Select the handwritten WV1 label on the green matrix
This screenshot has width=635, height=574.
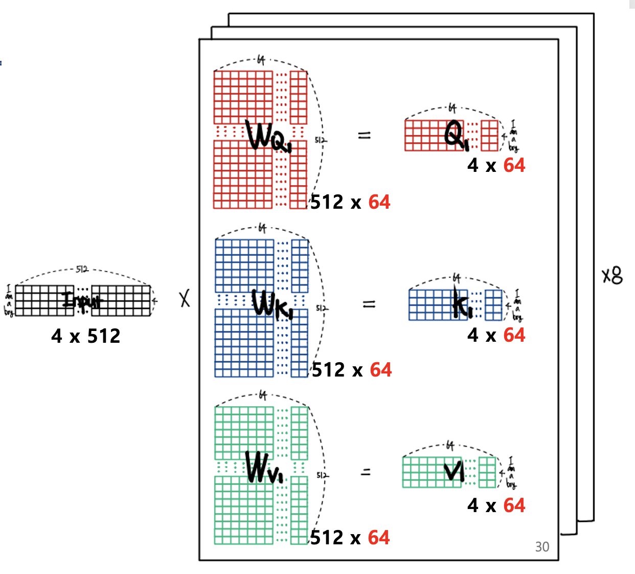[x=263, y=468]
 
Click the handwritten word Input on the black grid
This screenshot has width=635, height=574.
[x=82, y=300]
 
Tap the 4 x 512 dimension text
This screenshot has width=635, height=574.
[x=86, y=336]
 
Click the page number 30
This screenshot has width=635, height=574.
[x=542, y=547]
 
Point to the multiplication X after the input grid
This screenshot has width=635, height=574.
[x=185, y=299]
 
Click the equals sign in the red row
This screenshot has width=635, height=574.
[x=364, y=136]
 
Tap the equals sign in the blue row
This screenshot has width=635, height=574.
[x=369, y=304]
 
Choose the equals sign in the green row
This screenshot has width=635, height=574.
[x=366, y=472]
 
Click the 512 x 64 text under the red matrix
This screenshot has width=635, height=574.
[x=350, y=202]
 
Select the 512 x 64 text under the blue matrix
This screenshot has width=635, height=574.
[x=352, y=370]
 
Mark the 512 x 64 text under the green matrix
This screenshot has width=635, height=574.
[x=350, y=538]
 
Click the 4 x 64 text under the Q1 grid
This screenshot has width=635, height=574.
[x=496, y=165]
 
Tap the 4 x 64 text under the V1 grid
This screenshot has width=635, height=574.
[x=496, y=505]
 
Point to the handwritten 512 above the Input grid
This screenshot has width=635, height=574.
[x=82, y=269]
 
